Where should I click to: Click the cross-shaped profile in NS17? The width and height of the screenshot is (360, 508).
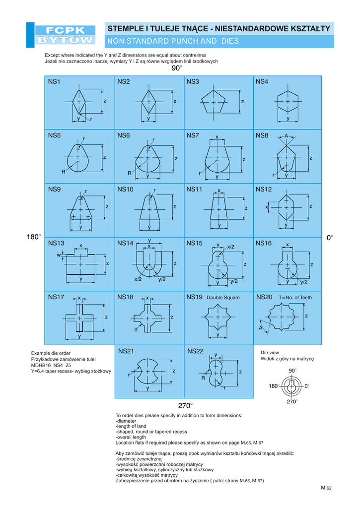pos(79,317)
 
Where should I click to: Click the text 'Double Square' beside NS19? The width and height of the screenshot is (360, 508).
pos(223,298)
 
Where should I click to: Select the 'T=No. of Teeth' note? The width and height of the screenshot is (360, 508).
pos(295,298)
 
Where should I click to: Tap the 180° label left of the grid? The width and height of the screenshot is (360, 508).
pos(34,238)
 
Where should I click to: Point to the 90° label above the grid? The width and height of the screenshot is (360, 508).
pos(177,68)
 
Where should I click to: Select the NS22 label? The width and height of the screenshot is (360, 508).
pos(196,351)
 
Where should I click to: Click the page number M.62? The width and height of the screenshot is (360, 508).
pos(326,488)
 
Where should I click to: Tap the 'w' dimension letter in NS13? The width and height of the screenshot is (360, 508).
pos(59,255)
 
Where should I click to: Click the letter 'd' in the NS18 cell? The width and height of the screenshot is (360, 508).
pos(135,329)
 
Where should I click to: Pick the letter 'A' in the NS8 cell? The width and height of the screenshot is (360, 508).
pos(286,135)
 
